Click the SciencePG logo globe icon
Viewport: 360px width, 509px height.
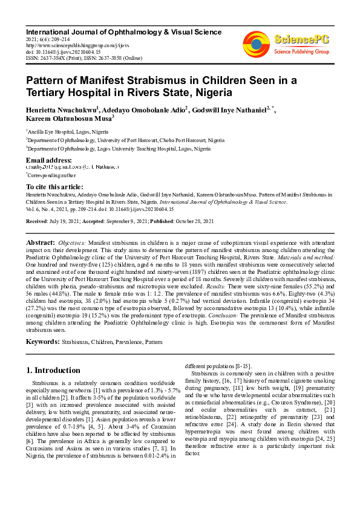point(257,44)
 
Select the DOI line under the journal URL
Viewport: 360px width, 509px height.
point(64,52)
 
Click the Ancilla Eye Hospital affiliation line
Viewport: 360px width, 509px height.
point(64,130)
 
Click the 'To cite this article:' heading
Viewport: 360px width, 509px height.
point(54,187)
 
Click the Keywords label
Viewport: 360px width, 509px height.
point(42,342)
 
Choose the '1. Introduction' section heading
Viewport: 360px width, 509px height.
point(54,370)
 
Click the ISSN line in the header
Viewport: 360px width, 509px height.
point(83,59)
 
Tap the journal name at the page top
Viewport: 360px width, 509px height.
point(123,31)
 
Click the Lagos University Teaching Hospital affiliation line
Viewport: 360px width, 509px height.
point(119,148)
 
